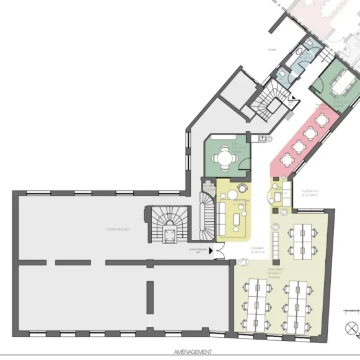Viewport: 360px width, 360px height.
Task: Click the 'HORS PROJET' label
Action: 117,229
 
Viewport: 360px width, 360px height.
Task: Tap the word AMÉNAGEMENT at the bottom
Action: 193,351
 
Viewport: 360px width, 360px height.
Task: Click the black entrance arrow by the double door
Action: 212,250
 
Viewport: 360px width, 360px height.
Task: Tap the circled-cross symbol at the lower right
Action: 351,328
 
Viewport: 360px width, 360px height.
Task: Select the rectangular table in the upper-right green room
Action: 340,80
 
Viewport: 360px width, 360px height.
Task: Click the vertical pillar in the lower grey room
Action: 149,297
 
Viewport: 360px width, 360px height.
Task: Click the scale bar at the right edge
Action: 353,309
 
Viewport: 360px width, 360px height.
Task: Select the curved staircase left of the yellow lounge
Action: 206,216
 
